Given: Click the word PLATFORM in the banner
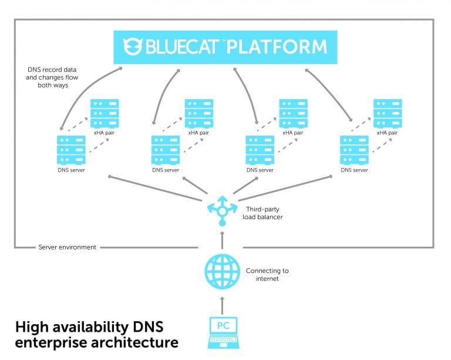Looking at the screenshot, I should pyautogui.click(x=277, y=46).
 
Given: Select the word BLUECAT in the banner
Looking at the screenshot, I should pyautogui.click(x=187, y=46).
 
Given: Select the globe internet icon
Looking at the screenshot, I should pyautogui.click(x=222, y=271).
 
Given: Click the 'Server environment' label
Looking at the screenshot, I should pyautogui.click(x=67, y=247).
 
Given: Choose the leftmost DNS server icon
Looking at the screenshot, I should pyautogui.click(x=71, y=150).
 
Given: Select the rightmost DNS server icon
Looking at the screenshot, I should pyautogui.click(x=354, y=150).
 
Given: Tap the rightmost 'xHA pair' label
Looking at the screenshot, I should pyautogui.click(x=388, y=133).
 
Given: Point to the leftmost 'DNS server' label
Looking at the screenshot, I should pyautogui.click(x=71, y=170).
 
